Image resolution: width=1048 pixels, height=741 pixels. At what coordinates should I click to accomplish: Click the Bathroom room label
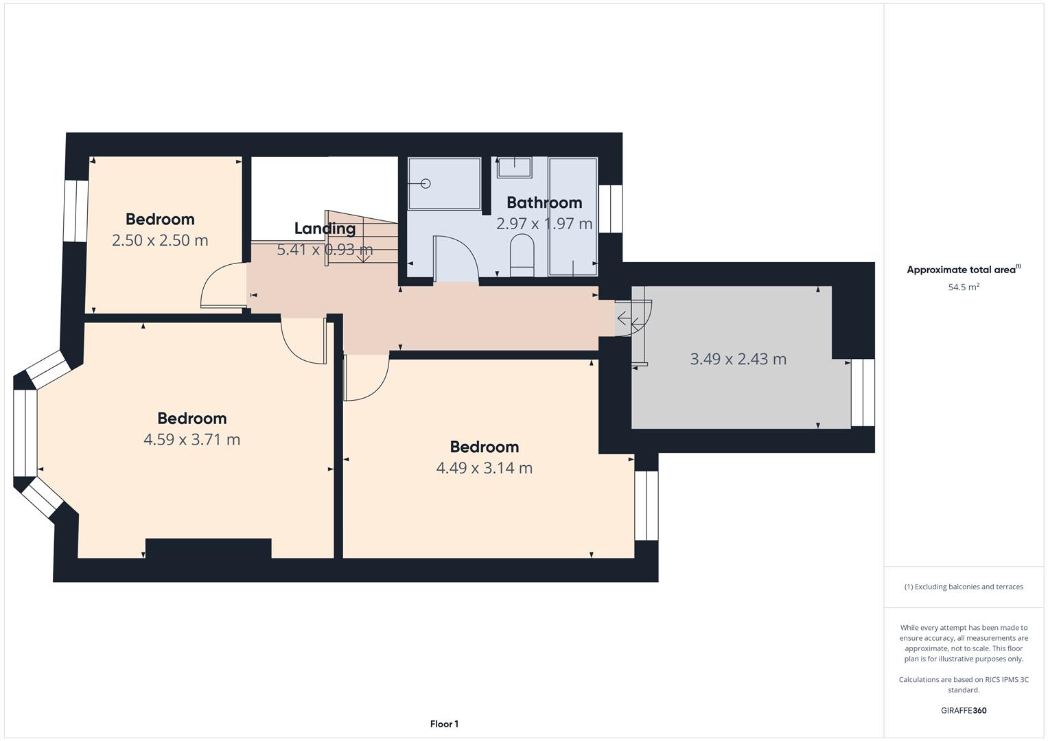[544, 202]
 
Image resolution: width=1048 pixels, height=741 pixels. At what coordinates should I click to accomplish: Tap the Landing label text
[325, 228]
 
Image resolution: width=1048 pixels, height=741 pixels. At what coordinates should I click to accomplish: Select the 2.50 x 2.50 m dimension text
[160, 240]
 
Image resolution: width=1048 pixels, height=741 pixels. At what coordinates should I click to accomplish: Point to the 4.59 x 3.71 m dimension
[191, 439]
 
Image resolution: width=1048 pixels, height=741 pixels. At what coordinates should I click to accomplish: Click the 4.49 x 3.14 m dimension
[485, 468]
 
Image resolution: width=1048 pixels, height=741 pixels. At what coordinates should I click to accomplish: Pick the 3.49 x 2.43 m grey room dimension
[738, 359]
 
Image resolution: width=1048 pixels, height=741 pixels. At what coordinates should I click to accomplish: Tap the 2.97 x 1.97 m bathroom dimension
[544, 224]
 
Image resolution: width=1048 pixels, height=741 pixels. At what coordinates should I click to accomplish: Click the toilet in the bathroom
[522, 255]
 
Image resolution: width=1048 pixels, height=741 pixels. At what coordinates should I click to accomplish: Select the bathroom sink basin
[514, 167]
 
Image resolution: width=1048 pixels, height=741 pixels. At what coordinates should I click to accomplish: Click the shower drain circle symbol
[426, 184]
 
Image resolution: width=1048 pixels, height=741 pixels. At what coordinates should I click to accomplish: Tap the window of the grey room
[863, 392]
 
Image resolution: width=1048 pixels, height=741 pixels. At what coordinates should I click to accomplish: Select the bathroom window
[611, 209]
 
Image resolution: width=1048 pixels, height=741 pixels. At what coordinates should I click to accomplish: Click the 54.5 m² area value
[964, 287]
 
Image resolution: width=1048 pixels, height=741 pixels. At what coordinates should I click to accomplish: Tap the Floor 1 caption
[444, 724]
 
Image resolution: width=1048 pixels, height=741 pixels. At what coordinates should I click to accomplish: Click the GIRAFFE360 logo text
[964, 710]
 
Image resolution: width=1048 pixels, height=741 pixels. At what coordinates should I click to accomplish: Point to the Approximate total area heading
[964, 270]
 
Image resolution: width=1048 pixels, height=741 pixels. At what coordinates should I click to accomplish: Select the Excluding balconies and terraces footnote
[964, 587]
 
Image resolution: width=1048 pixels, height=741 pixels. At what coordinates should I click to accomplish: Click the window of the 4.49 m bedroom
[647, 505]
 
